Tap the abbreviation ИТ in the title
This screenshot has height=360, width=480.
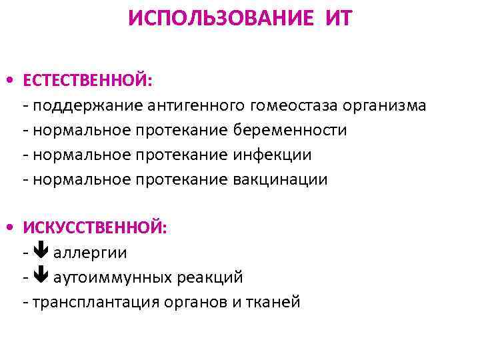pos(339,18)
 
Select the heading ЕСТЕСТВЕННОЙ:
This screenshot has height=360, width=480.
pos(88,81)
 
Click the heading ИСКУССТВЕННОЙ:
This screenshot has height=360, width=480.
pos(95,228)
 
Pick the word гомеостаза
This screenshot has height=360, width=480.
pos(293,106)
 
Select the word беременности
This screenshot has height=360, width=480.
pos(289,130)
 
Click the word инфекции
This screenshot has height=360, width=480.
pos(271,155)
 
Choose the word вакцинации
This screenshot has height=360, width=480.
pos(280,179)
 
